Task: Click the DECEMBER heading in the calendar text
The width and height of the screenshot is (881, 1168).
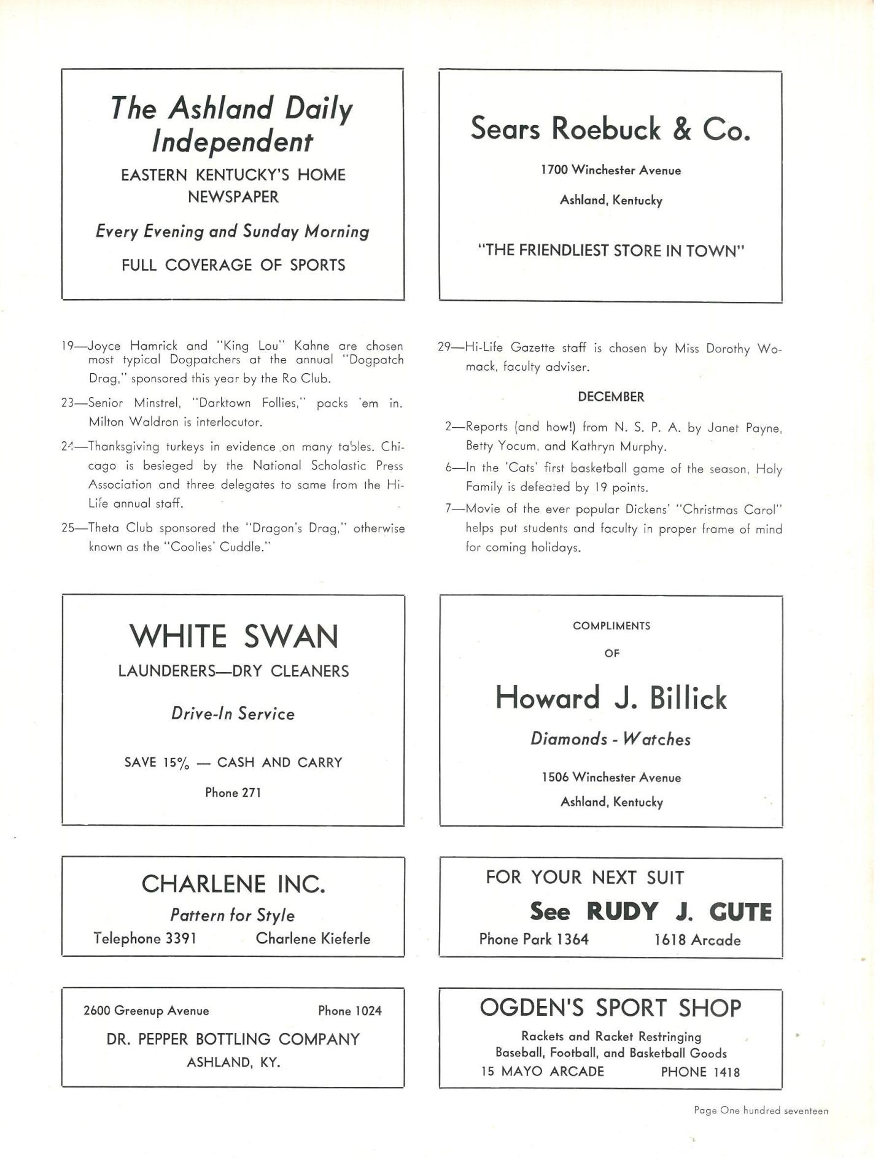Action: [611, 397]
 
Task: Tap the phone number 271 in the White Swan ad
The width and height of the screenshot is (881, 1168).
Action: [251, 793]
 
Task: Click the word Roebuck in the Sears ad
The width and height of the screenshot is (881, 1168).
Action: [607, 129]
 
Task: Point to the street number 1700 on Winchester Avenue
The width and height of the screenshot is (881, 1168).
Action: [554, 171]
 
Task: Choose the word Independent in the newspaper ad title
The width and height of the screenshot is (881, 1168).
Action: [232, 142]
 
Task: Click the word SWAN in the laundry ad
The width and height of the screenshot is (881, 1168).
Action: [291, 636]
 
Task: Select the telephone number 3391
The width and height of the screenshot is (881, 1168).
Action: [181, 938]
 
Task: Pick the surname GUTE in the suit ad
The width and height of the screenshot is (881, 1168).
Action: [740, 912]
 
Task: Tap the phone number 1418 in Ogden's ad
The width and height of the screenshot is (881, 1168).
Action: [726, 1072]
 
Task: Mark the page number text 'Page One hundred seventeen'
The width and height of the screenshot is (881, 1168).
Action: [761, 1110]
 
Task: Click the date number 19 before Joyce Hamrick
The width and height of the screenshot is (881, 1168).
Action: [68, 346]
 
